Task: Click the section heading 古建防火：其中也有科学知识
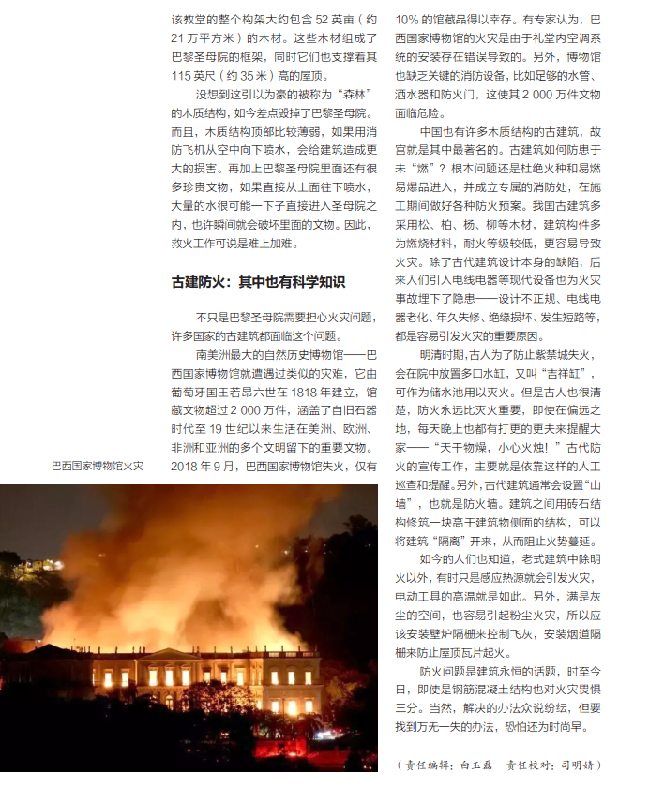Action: coord(258,281)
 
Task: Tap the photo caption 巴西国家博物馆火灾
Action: coord(98,466)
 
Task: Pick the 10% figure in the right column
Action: coord(408,20)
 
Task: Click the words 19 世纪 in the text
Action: coord(241,429)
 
